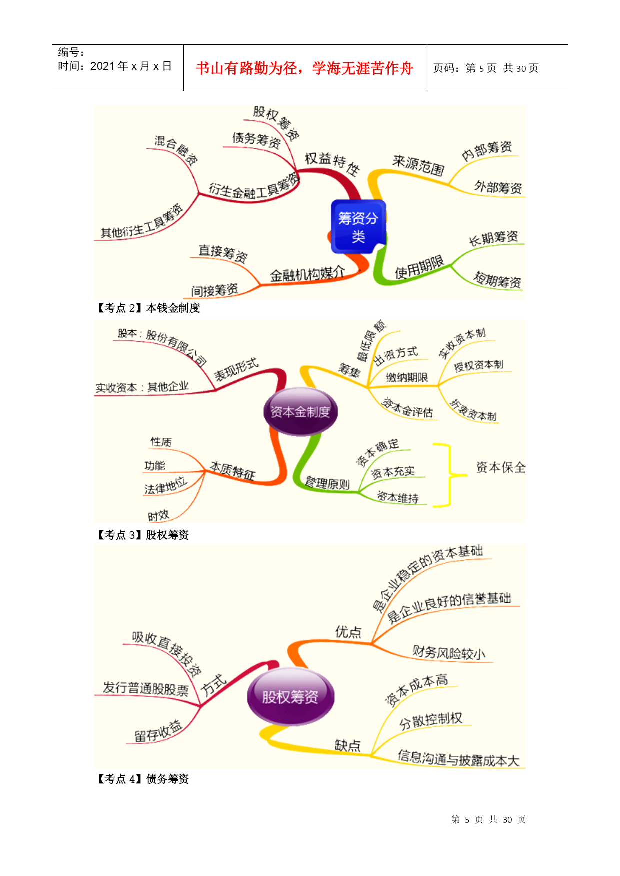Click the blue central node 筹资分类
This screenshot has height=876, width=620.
click(x=358, y=227)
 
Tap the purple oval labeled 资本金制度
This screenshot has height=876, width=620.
click(x=300, y=412)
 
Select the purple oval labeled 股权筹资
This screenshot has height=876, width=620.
click(x=290, y=696)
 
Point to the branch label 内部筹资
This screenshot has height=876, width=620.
click(x=487, y=151)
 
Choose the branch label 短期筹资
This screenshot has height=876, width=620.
click(x=498, y=280)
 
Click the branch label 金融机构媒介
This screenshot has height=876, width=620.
click(x=307, y=274)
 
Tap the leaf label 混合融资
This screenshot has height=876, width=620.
click(x=176, y=150)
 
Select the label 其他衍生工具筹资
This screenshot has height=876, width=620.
click(x=142, y=221)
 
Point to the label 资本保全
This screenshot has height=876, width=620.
click(x=501, y=468)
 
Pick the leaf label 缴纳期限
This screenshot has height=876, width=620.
click(x=407, y=377)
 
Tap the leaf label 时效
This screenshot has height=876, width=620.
click(x=158, y=516)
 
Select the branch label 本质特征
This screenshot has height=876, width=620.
click(x=232, y=471)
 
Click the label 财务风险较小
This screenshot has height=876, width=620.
click(x=449, y=652)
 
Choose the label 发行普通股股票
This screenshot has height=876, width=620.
click(x=146, y=688)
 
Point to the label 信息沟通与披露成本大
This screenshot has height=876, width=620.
click(x=458, y=758)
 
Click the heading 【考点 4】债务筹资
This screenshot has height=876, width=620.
click(x=142, y=779)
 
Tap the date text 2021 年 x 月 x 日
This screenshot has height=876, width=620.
click(x=131, y=66)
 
